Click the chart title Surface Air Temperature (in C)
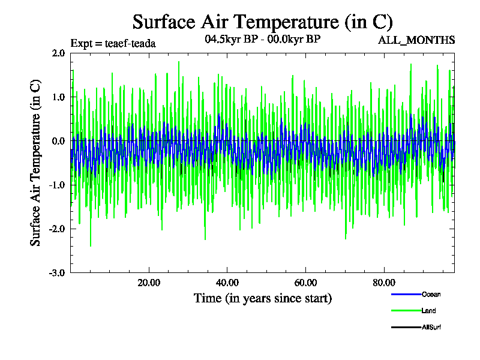click(x=262, y=22)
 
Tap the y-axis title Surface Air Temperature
click(x=36, y=163)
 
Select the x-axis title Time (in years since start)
click(x=262, y=298)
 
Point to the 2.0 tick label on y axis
click(x=58, y=53)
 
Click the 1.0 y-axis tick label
click(x=58, y=97)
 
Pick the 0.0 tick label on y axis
click(x=58, y=141)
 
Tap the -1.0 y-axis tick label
click(x=57, y=185)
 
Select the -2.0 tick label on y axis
click(x=57, y=229)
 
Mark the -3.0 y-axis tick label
click(x=57, y=273)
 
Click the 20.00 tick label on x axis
click(x=149, y=283)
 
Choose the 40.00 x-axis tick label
click(x=227, y=283)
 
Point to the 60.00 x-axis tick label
click(x=305, y=283)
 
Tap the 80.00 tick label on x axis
click(x=384, y=283)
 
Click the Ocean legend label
click(x=431, y=294)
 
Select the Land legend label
click(x=428, y=311)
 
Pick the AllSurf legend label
click(x=431, y=327)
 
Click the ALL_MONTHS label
click(x=416, y=40)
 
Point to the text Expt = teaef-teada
click(x=113, y=43)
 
